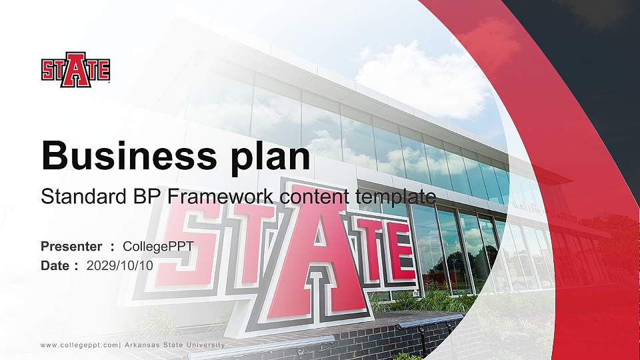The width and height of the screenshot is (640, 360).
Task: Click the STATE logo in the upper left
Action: click(75, 69)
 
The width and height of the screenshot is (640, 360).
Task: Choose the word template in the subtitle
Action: click(396, 197)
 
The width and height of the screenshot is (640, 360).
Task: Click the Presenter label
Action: click(71, 247)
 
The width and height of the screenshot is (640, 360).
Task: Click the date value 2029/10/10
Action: click(120, 265)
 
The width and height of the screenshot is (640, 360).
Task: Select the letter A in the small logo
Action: click(75, 69)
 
